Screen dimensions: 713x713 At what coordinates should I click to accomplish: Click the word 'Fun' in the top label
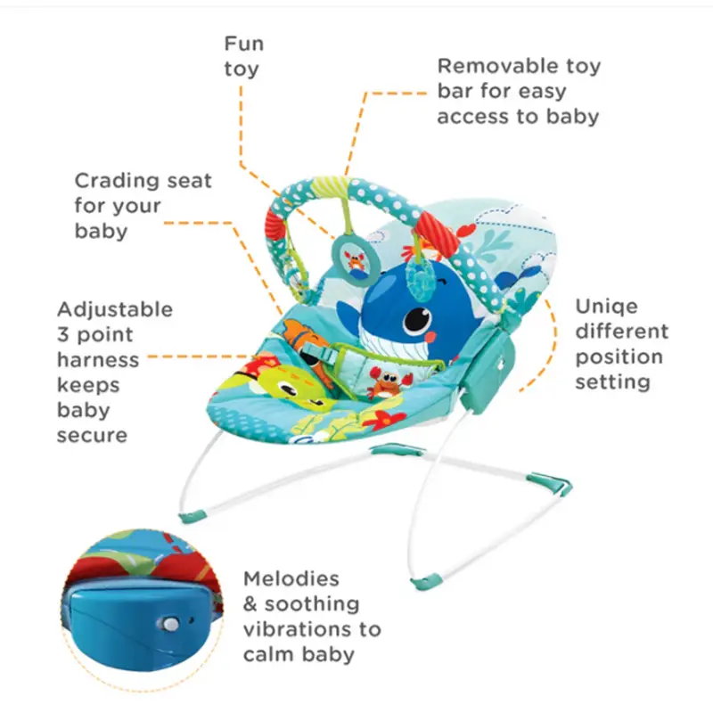[243, 44]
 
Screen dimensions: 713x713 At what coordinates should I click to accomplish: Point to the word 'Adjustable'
[115, 310]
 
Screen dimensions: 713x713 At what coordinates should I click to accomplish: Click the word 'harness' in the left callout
[98, 360]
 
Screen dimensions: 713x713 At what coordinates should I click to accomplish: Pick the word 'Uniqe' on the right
[606, 307]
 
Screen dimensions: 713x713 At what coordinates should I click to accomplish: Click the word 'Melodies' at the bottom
[291, 578]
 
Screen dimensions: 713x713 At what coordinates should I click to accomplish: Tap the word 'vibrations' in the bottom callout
[297, 629]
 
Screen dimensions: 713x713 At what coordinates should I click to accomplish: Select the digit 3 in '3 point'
[62, 335]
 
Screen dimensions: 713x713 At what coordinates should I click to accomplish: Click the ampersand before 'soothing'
[250, 604]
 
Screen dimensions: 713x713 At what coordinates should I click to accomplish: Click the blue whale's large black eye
[416, 320]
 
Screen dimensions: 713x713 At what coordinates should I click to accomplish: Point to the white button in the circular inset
[170, 623]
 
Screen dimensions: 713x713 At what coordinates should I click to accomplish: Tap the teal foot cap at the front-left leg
[192, 517]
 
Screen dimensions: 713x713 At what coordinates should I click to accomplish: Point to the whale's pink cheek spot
[430, 337]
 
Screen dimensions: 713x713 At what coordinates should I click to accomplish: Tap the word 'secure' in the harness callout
[93, 436]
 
